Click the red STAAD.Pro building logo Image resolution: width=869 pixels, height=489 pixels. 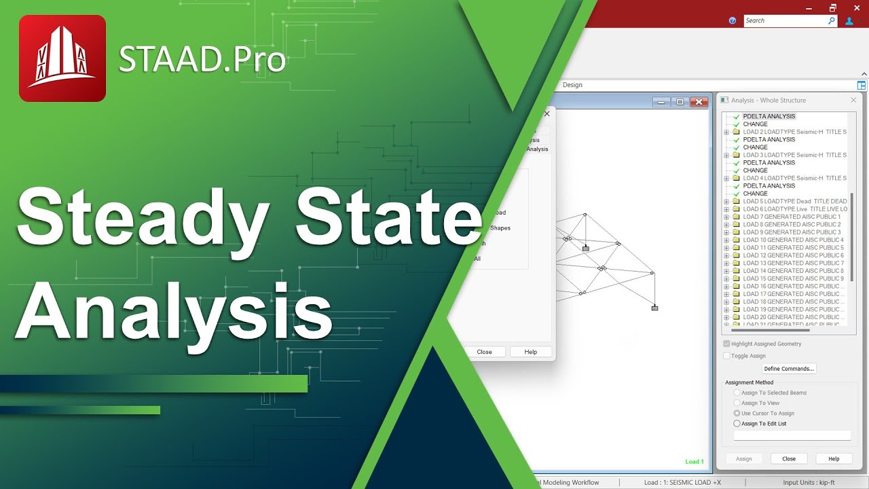click(x=62, y=58)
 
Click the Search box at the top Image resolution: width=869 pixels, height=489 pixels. click(x=786, y=21)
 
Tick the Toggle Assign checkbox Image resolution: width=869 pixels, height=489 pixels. click(x=727, y=356)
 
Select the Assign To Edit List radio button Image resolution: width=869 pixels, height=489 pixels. click(x=737, y=424)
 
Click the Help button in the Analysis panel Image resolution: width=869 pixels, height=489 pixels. click(x=834, y=459)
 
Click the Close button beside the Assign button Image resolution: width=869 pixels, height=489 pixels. click(x=789, y=459)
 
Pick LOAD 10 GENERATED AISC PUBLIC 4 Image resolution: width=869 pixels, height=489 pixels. click(x=793, y=240)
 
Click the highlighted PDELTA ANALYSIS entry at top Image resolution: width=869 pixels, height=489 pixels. click(x=769, y=117)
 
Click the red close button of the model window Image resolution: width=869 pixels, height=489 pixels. click(x=699, y=102)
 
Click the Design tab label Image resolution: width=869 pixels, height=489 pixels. click(x=572, y=85)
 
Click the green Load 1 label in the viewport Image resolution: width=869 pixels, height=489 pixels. click(x=694, y=462)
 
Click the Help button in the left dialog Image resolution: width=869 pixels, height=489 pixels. click(x=531, y=352)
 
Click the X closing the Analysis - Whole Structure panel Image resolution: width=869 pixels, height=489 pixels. click(x=853, y=101)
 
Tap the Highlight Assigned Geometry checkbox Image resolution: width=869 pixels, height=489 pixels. click(x=727, y=344)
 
